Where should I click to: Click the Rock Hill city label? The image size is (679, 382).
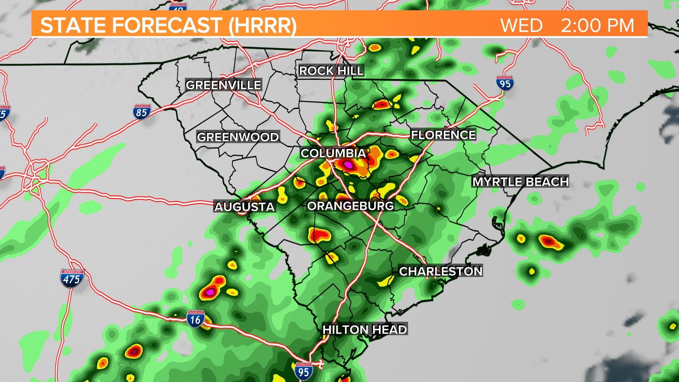(331, 71)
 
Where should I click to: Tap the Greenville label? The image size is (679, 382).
(224, 85)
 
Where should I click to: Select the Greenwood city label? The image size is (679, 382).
(238, 137)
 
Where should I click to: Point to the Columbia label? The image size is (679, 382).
(333, 153)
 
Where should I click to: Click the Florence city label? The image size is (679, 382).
(443, 135)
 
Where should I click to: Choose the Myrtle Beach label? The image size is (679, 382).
(521, 181)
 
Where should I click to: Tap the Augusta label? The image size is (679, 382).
(244, 207)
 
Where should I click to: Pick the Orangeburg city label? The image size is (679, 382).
(350, 206)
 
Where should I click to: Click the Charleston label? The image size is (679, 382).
(441, 271)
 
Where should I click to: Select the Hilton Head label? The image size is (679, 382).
(365, 329)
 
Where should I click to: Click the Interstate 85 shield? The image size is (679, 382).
(142, 112)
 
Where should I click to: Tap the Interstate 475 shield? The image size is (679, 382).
(72, 279)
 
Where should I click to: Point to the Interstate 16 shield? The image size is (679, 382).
(195, 319)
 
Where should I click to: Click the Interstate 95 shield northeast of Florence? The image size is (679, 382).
(505, 83)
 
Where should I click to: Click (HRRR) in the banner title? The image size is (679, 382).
(262, 25)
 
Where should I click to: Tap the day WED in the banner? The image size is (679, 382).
(521, 25)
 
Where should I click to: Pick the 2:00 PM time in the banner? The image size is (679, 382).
(598, 25)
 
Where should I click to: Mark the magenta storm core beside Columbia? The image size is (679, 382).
(349, 165)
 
